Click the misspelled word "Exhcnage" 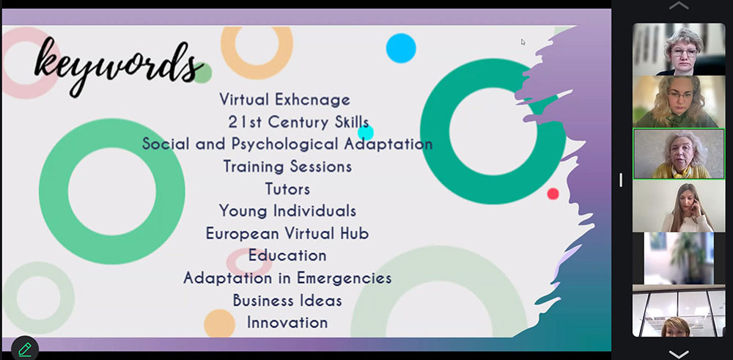(312, 99)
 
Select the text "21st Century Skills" (298, 122)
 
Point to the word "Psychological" (286, 144)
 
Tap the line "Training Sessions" (287, 166)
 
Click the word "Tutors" (287, 189)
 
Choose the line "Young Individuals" (287, 211)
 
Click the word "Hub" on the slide (354, 233)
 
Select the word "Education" (287, 255)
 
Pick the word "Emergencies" (344, 278)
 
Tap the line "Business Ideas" (287, 300)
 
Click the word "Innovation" (287, 323)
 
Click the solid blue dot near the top (401, 48)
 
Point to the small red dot (553, 194)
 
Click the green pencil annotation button (25, 349)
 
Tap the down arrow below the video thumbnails (679, 354)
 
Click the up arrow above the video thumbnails (679, 6)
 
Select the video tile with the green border (679, 154)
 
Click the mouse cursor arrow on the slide (523, 42)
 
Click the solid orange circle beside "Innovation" (219, 323)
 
